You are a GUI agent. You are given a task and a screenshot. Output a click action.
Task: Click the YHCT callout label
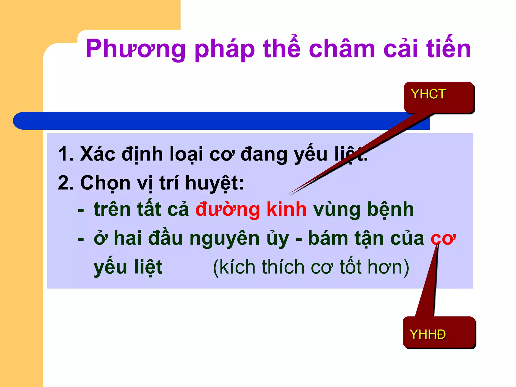tap(428, 94)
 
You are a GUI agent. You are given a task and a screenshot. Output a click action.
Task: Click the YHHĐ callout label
tap(428, 334)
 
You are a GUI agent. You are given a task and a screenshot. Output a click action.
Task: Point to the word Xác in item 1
tap(98, 154)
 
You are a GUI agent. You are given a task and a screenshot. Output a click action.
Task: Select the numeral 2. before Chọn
tap(66, 183)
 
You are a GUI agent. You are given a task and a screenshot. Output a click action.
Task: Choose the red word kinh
tap(286, 209)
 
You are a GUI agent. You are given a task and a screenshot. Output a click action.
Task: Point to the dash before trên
tap(81, 210)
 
